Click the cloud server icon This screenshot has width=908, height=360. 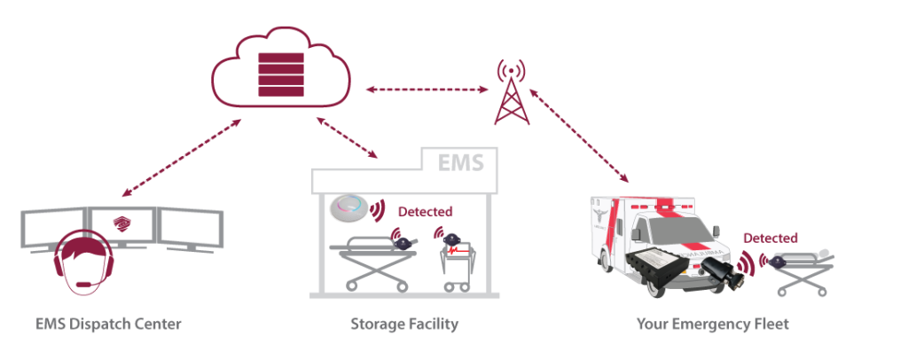(279, 71)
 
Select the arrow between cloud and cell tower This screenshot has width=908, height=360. (427, 90)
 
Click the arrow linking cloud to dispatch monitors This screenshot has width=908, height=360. (182, 157)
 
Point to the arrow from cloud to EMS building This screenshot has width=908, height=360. (347, 137)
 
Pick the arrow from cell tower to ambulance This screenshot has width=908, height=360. (580, 134)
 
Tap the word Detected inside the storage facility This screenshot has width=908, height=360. (426, 212)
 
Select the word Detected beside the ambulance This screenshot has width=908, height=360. (770, 238)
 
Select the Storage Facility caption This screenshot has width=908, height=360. (403, 325)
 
